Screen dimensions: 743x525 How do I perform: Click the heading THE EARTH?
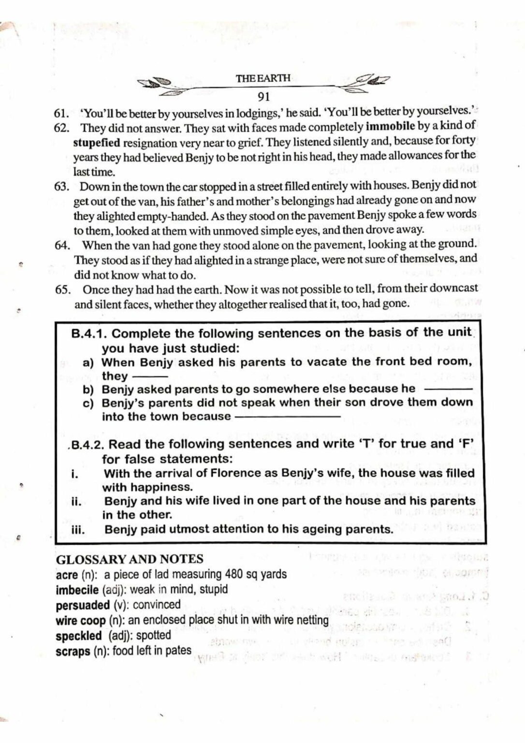click(x=263, y=78)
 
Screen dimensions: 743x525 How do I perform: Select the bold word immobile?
click(x=390, y=127)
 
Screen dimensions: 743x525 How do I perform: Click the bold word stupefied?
click(x=97, y=143)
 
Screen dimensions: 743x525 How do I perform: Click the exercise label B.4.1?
click(x=89, y=334)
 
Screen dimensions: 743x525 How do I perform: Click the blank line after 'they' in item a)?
click(x=150, y=376)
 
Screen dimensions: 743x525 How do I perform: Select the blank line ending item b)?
click(x=447, y=389)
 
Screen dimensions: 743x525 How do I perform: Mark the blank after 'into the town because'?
click(x=287, y=416)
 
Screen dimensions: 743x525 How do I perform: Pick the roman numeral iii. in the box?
click(x=78, y=530)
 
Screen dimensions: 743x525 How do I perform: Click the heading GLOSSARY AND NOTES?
click(x=130, y=559)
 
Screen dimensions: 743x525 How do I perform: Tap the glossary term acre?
click(x=67, y=575)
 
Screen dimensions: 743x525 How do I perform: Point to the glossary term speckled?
click(x=78, y=636)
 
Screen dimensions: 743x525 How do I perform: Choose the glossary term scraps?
click(x=73, y=651)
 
